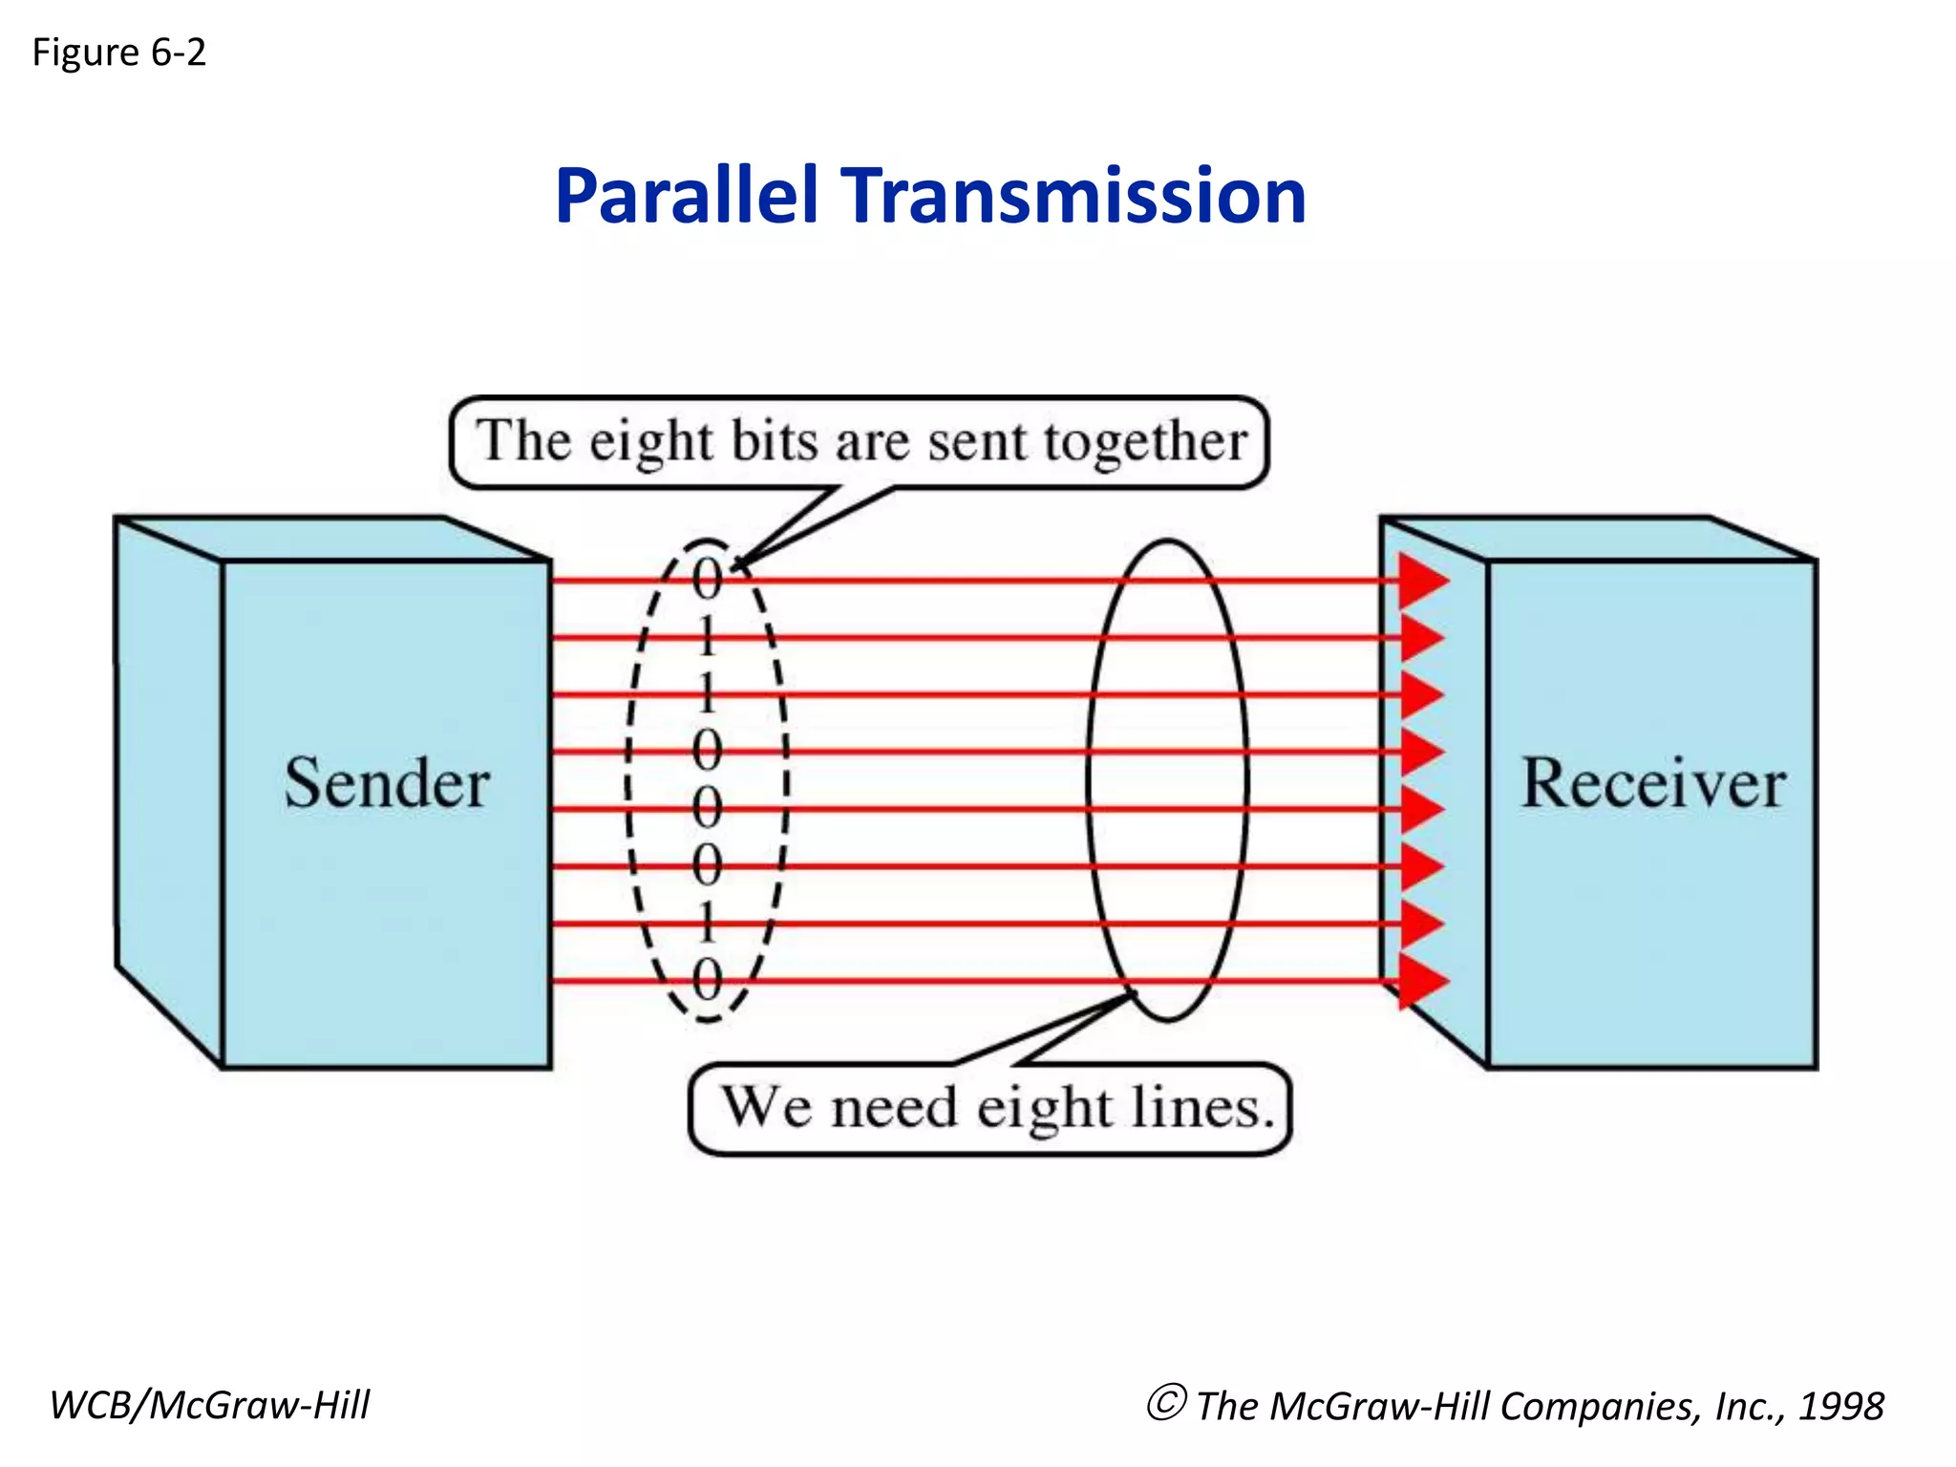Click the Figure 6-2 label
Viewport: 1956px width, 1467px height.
(118, 53)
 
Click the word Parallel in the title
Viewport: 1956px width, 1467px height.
(687, 196)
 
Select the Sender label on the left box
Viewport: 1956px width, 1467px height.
(387, 784)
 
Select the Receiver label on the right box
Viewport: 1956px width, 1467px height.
(1652, 784)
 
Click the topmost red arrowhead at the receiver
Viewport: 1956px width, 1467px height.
(1422, 580)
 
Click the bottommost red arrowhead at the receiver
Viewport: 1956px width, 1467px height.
(1422, 981)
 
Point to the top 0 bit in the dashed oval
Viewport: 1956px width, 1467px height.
(708, 579)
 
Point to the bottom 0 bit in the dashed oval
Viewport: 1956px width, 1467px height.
(708, 980)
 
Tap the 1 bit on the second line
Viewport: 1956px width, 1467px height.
(708, 637)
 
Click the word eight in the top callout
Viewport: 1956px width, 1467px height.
(650, 443)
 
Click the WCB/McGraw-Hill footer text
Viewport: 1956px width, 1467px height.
(209, 1405)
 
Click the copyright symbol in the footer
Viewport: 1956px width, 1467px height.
(1166, 1403)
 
